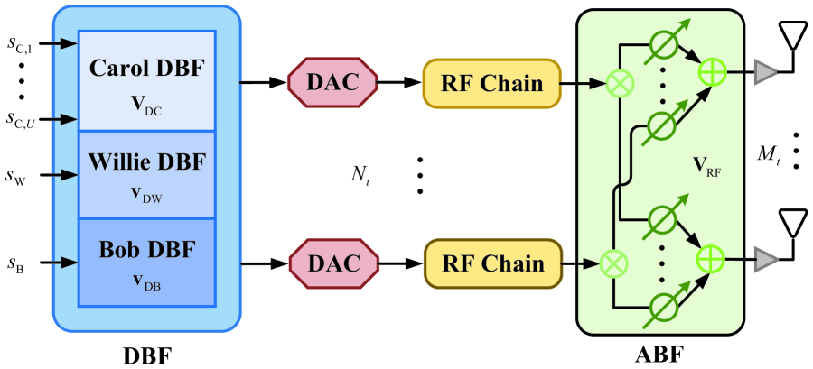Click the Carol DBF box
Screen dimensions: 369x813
(x=147, y=81)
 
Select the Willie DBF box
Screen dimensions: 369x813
(x=147, y=173)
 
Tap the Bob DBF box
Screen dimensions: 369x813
(x=147, y=262)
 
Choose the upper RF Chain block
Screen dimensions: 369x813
(x=492, y=84)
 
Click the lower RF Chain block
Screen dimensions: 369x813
(x=492, y=263)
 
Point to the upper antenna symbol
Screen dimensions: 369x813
(x=793, y=39)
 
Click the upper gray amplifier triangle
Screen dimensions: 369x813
(x=766, y=72)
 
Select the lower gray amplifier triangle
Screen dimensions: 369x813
(x=766, y=259)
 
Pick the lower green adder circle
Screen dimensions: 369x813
(x=714, y=259)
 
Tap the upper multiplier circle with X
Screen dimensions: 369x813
(x=619, y=84)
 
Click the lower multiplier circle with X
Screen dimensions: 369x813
(x=614, y=263)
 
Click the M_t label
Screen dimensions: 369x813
(x=769, y=155)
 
